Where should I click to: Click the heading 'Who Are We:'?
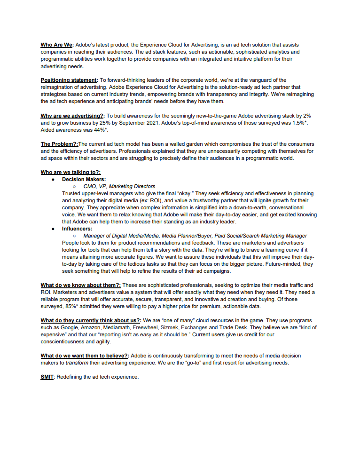[x=57, y=45]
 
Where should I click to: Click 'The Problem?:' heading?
[x=59, y=143]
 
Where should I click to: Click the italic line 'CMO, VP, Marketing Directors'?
[x=119, y=186]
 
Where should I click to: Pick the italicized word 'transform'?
[x=77, y=363]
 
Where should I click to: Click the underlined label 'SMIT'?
[x=47, y=377]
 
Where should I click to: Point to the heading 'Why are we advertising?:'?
[x=73, y=115]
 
